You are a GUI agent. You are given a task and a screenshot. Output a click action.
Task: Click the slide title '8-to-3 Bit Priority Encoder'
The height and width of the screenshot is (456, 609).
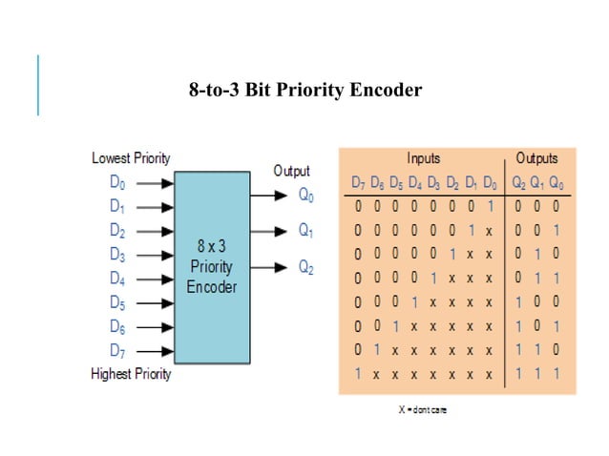click(x=304, y=91)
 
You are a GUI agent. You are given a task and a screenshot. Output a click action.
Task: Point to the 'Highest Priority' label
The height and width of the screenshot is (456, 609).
click(x=131, y=374)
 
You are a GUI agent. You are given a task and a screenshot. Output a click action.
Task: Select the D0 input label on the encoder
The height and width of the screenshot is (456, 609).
click(x=116, y=181)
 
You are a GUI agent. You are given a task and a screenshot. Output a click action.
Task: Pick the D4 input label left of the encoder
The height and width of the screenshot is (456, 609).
click(x=116, y=279)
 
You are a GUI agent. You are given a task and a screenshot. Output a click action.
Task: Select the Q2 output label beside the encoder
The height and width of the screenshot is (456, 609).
click(x=306, y=268)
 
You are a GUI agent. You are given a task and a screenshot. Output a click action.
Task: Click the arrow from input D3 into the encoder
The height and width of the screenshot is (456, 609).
click(x=155, y=255)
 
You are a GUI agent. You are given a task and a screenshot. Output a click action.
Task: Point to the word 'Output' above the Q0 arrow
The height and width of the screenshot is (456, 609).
click(x=291, y=171)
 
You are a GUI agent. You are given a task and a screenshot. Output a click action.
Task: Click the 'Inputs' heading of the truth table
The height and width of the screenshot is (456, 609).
click(x=423, y=158)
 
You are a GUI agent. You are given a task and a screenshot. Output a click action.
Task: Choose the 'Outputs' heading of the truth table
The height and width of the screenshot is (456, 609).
click(x=536, y=158)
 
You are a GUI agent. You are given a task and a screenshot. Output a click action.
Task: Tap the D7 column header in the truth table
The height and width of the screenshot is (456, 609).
click(x=358, y=182)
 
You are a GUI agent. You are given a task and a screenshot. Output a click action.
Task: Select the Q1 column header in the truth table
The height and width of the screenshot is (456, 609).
click(x=537, y=182)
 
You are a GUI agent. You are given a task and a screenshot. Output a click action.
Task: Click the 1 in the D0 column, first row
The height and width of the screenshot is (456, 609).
click(x=489, y=206)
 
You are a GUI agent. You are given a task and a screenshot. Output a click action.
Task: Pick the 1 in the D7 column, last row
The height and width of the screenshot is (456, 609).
click(x=358, y=374)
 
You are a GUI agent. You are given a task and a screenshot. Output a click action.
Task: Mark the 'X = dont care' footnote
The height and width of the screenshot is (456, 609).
click(x=423, y=410)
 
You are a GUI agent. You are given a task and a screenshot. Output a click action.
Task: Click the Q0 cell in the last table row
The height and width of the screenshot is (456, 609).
click(x=556, y=374)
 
